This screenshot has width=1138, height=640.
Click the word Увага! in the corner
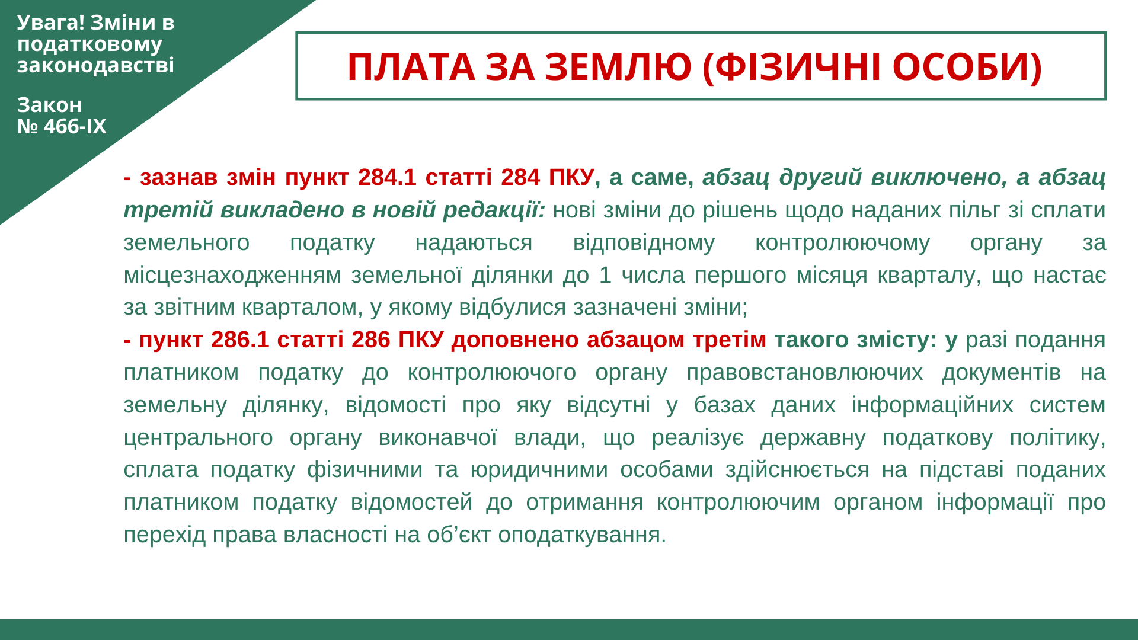pos(51,22)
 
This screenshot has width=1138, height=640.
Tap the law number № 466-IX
pos(62,126)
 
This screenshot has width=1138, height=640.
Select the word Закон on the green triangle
pos(49,105)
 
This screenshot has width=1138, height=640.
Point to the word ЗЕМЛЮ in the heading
pos(618,66)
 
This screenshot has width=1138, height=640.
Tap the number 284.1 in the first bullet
pos(387,177)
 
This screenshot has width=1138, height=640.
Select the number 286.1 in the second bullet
pos(240,340)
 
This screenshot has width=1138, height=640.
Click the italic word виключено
pos(939,177)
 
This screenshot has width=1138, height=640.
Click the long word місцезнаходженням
pos(233,275)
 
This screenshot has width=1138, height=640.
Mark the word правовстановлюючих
pos(804,372)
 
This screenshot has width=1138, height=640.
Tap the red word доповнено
pos(515,340)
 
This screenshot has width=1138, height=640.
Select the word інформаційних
pos(932,405)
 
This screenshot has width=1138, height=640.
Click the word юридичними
pos(539,469)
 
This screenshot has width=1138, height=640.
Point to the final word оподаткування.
pos(582,535)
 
